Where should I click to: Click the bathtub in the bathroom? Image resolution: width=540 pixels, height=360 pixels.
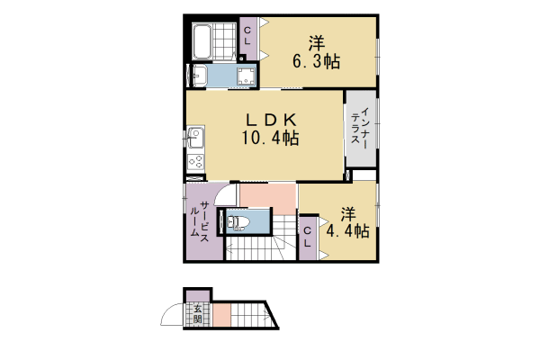(202, 40)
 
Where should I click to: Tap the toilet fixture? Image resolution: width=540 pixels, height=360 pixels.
(238, 221)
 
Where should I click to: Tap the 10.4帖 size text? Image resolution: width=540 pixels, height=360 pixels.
(268, 138)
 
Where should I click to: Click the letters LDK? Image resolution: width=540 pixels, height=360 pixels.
(268, 119)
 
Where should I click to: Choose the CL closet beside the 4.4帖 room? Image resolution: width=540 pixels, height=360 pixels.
(307, 238)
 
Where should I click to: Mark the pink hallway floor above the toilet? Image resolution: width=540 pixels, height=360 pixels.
(268, 194)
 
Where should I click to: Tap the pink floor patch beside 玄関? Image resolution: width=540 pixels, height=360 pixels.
(222, 316)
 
